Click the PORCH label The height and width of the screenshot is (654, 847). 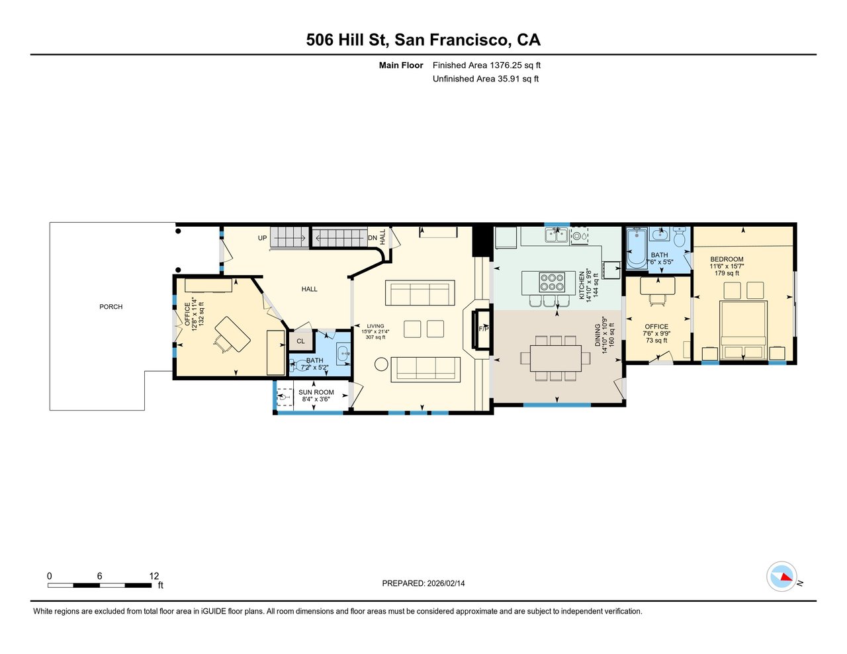click(x=111, y=307)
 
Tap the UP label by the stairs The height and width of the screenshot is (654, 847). click(x=262, y=238)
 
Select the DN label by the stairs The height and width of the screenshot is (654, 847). click(x=373, y=238)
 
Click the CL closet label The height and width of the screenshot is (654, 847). click(x=300, y=341)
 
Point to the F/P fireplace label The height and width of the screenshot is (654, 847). click(x=484, y=329)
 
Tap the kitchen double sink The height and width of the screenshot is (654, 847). click(x=557, y=235)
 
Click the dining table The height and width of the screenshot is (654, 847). click(x=555, y=358)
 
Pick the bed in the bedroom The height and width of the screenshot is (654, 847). click(x=743, y=330)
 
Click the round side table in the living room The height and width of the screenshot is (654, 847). click(x=381, y=364)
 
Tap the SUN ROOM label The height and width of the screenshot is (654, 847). click(x=316, y=392)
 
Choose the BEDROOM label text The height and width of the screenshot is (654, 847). click(x=727, y=259)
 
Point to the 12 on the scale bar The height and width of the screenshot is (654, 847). click(x=154, y=576)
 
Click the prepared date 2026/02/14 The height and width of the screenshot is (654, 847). click(x=446, y=583)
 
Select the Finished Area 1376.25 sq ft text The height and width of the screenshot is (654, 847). click(x=486, y=65)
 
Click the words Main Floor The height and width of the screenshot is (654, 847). click(x=401, y=65)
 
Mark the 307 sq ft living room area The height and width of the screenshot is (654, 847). click(x=375, y=337)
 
